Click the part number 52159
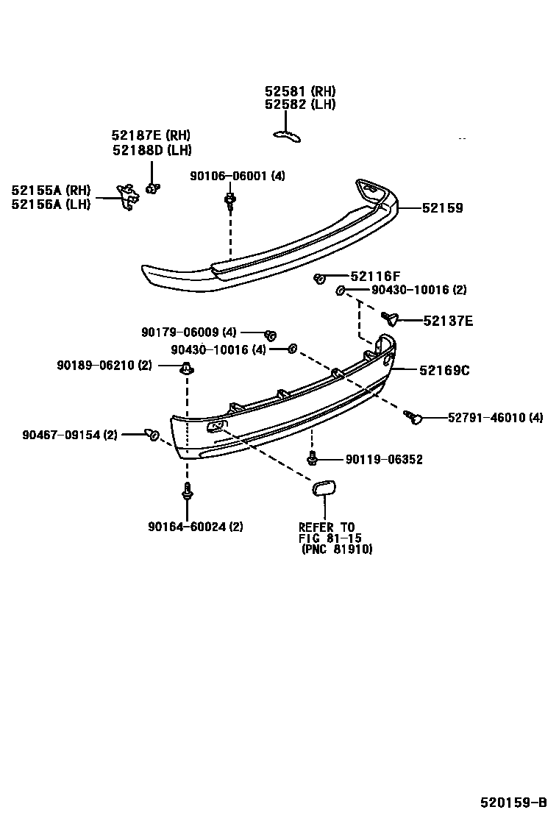[x=442, y=208]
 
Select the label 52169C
[x=444, y=370]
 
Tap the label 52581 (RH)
[x=300, y=91]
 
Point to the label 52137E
[x=447, y=321]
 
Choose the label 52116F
[x=375, y=277]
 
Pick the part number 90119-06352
[x=384, y=460]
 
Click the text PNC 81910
[x=338, y=549]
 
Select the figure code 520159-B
[x=514, y=802]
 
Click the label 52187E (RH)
[x=151, y=135]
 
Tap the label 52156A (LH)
[x=51, y=204]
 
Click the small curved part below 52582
[x=287, y=134]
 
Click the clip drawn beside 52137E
[x=391, y=318]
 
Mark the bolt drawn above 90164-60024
[x=187, y=492]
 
